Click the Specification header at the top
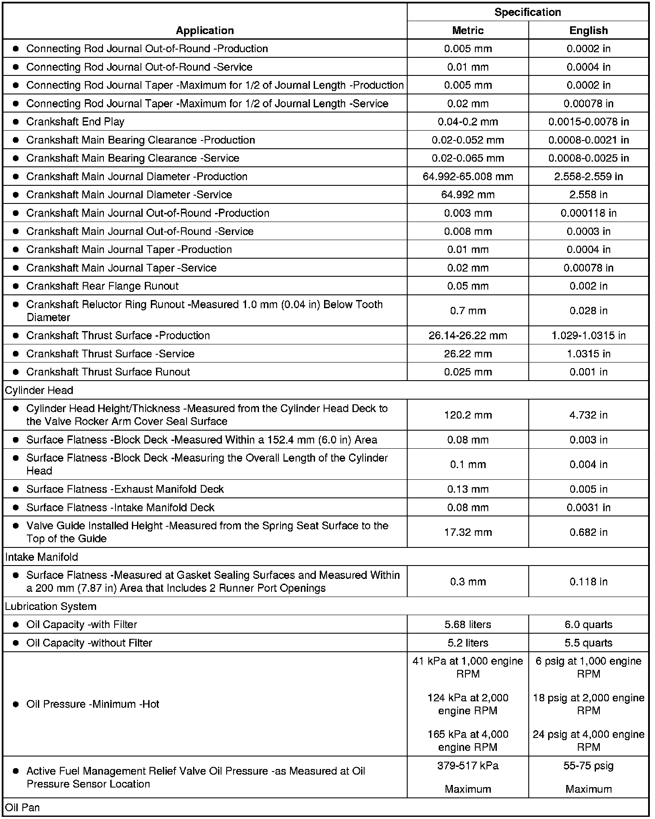pos(527,12)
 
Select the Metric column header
pos(468,31)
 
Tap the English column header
pos(588,31)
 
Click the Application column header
pos(205,31)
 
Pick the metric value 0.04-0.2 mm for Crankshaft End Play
pos(468,122)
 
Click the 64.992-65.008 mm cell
pos(468,177)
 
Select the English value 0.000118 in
pos(588,213)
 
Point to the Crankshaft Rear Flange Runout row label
pos(102,286)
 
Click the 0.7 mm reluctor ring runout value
pos(468,311)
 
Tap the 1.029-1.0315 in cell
pos(588,336)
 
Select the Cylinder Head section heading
pos(39,391)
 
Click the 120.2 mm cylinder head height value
pos(468,415)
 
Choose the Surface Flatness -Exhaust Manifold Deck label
pos(125,489)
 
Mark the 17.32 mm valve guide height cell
pos(468,533)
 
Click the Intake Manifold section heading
pos(42,557)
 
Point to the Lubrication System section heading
pos(51,606)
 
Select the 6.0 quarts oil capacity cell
pos(588,625)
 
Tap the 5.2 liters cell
pos(468,643)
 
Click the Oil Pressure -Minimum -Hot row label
pos(93,704)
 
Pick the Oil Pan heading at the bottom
pos(22,807)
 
